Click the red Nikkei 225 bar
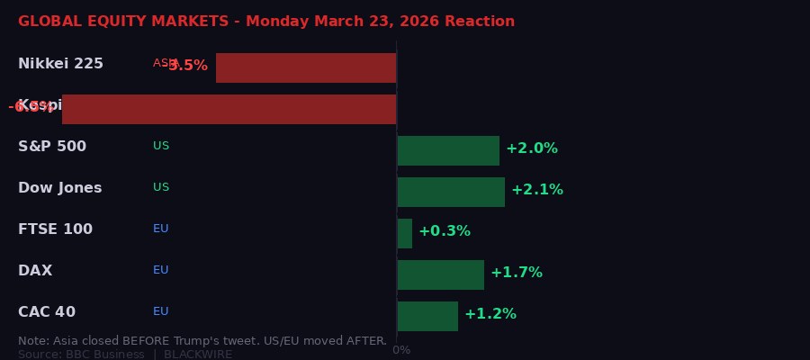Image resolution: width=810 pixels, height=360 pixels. [x=306, y=67]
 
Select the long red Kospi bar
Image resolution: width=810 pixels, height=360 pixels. [x=229, y=109]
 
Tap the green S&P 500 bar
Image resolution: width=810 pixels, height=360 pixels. [x=448, y=150]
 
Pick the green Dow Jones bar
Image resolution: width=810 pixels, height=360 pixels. [x=451, y=192]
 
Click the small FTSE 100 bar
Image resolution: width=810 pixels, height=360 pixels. [x=405, y=233]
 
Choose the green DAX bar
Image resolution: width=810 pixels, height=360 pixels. [x=440, y=274]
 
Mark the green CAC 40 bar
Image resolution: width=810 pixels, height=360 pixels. [x=427, y=316]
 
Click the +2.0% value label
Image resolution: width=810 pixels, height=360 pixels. [x=532, y=148]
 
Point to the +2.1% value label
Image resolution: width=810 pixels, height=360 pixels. [x=537, y=190]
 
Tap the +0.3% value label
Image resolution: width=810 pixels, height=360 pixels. [x=445, y=231]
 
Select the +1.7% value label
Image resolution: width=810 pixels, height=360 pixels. [x=517, y=273]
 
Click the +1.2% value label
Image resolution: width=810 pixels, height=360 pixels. [x=490, y=314]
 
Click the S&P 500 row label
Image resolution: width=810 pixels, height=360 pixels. [x=52, y=147]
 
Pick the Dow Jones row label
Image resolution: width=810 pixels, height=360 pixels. [x=59, y=188]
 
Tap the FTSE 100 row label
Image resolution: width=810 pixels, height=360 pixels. [x=55, y=229]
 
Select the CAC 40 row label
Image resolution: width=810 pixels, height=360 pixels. [x=47, y=312]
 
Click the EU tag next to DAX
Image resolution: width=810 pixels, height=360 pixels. [x=161, y=270]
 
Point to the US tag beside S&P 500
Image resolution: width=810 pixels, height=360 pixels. [x=161, y=146]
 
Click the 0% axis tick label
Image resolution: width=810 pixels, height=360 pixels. [x=401, y=350]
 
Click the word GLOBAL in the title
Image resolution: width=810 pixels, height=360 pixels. [x=47, y=22]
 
